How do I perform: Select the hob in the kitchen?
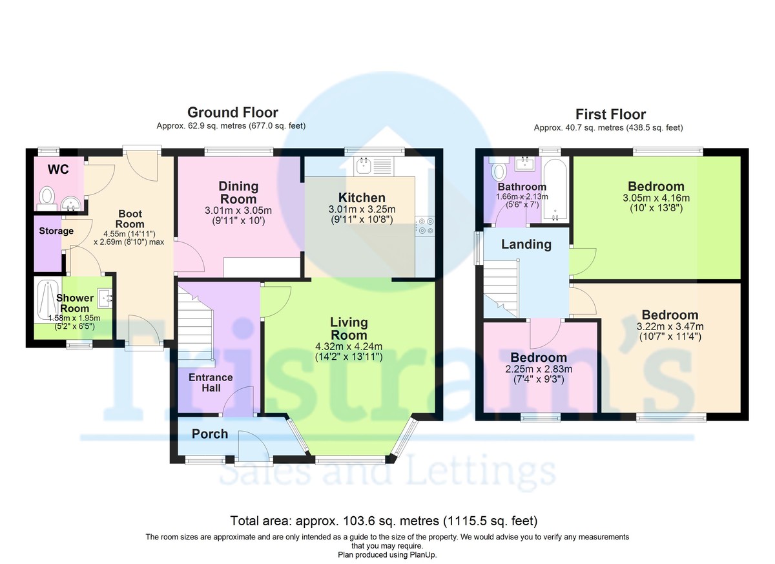click(425, 225)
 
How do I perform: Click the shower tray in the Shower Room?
click(48, 300)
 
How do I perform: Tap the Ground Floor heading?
click(232, 112)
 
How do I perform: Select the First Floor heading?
click(610, 114)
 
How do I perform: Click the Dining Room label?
click(238, 193)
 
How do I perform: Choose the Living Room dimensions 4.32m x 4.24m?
click(349, 346)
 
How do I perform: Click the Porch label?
click(210, 434)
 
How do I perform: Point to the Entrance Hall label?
click(211, 382)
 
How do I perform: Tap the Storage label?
click(56, 231)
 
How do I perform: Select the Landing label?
click(526, 244)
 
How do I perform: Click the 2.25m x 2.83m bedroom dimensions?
click(539, 369)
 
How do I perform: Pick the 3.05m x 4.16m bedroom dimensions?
click(656, 198)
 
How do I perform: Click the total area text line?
click(384, 521)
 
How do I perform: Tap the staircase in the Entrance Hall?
click(196, 329)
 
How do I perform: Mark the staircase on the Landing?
click(501, 288)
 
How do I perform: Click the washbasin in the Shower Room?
click(105, 298)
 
